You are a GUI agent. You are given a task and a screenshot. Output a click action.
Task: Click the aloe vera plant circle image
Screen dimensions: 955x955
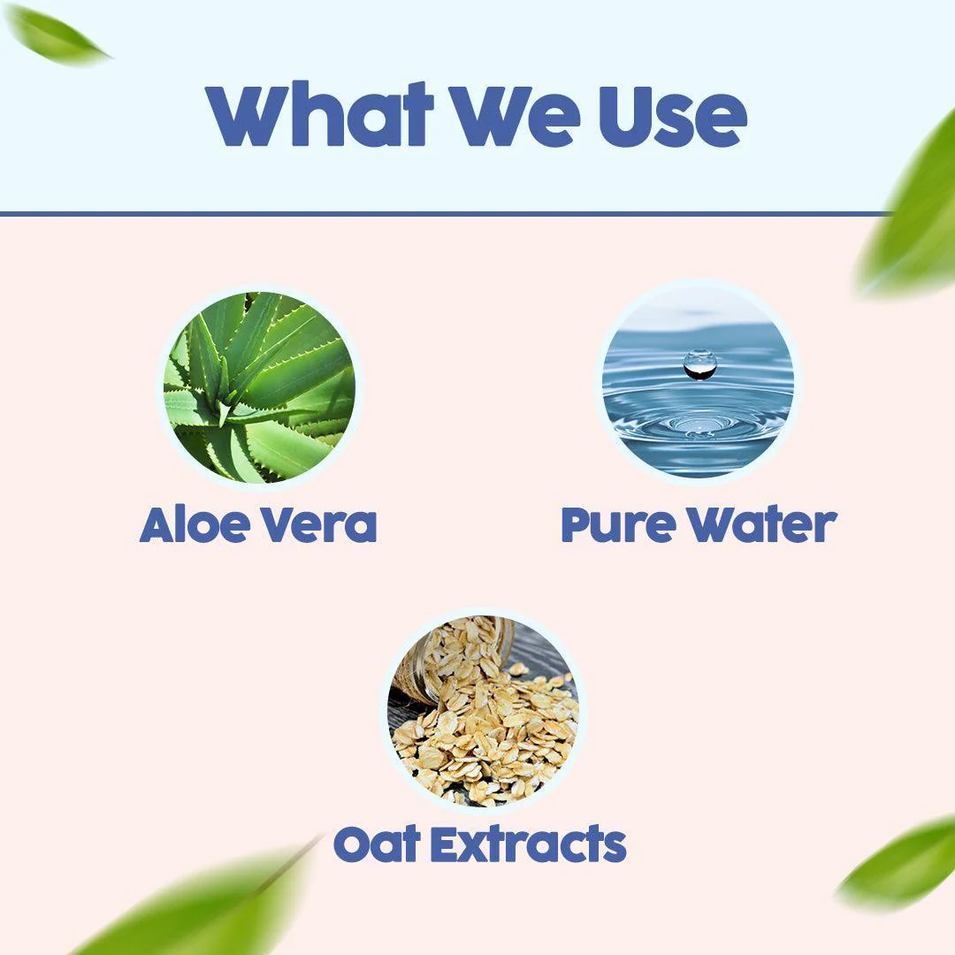[259, 386]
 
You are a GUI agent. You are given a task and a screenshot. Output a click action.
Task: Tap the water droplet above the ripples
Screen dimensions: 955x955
[699, 363]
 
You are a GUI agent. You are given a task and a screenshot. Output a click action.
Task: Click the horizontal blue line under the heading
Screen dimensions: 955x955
[442, 213]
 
